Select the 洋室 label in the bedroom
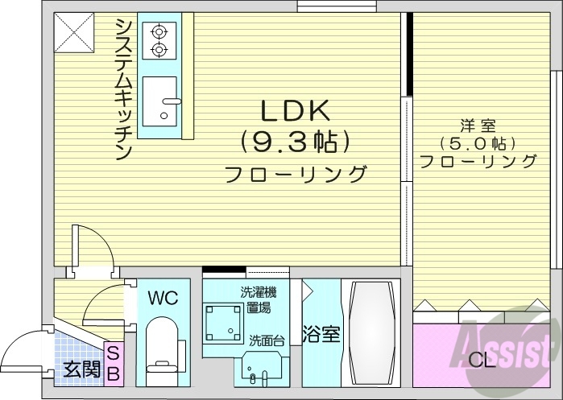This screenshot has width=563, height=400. coord(478,126)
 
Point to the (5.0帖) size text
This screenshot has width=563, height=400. coord(478,144)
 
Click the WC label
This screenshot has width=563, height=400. coord(162,298)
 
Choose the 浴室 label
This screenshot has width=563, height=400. coord(321,333)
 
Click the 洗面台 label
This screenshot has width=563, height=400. coord(265,341)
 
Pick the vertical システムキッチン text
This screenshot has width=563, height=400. coord(124,89)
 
